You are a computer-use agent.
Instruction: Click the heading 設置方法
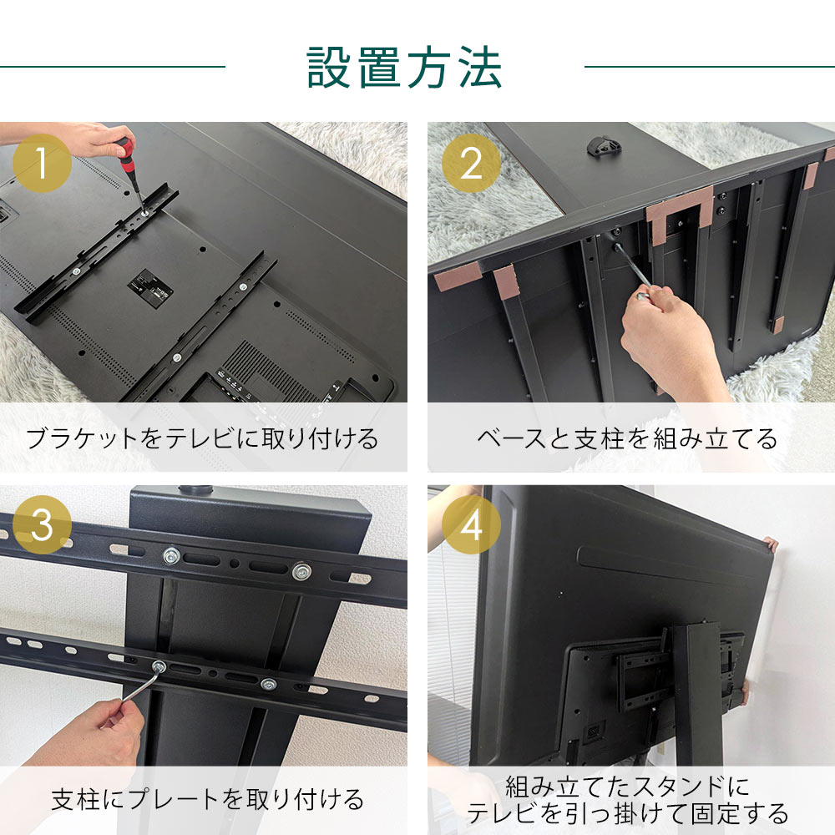(405, 67)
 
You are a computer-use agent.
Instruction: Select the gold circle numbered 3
(42, 525)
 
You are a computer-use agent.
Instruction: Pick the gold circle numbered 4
(471, 525)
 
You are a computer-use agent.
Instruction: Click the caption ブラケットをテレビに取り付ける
(203, 438)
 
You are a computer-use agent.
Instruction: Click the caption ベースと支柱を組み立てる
(627, 438)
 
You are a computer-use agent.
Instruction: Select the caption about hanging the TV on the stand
(627, 799)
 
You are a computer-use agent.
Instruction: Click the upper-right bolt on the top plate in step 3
(301, 572)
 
